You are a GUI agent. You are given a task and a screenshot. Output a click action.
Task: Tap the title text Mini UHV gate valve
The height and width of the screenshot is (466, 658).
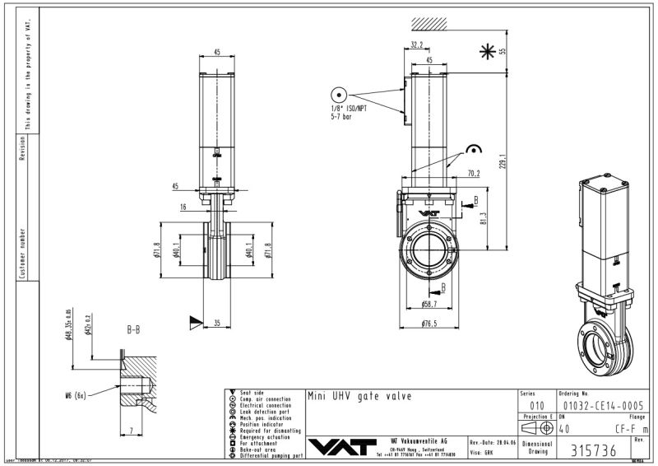point(359,396)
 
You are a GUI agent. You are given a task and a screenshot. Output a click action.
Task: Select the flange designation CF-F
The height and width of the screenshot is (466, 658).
point(627,427)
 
